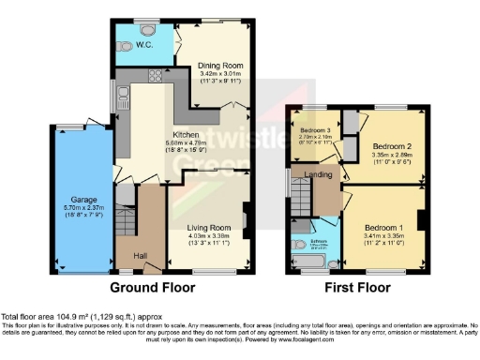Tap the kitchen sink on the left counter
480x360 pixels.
(124, 93)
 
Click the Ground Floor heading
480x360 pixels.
(153, 287)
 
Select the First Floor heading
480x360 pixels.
(357, 287)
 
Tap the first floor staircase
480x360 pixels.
(300, 198)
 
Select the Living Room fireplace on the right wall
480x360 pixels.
(247, 221)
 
